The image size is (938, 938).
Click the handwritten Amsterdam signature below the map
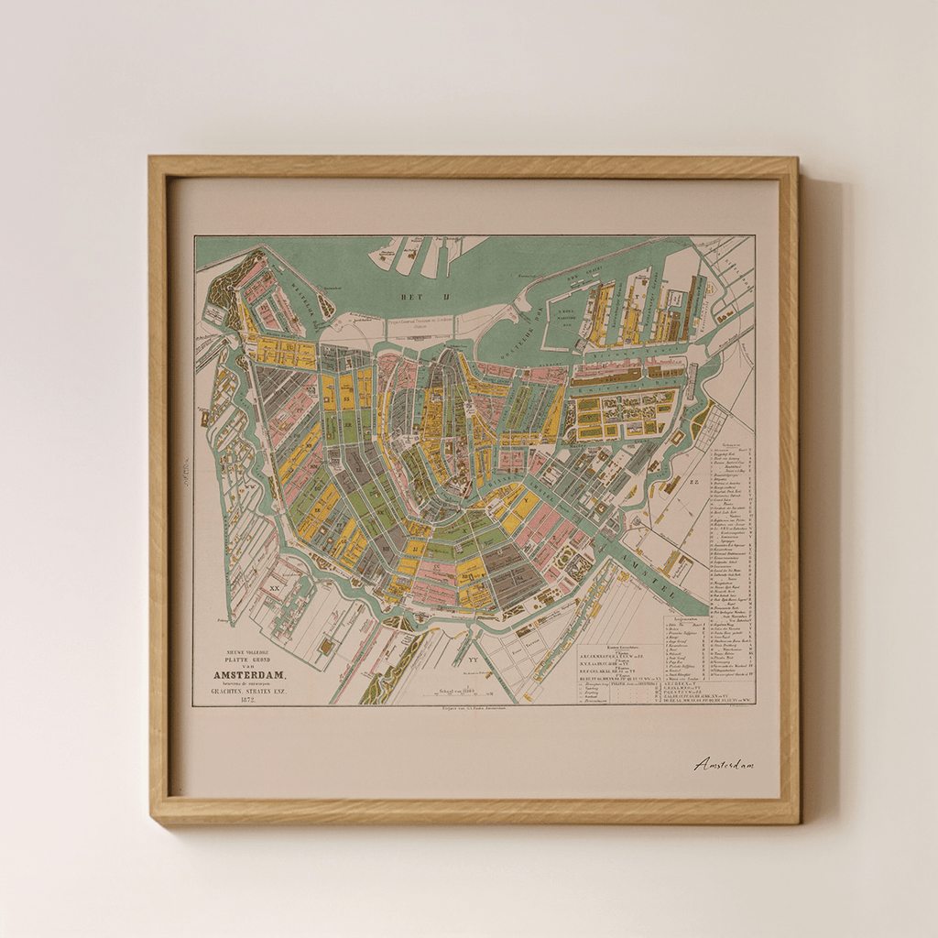point(724,764)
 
